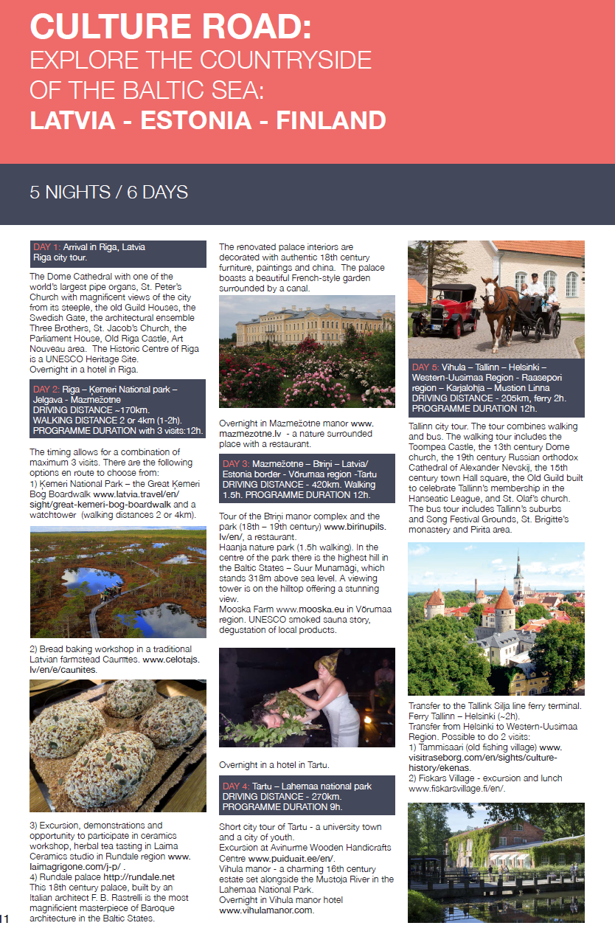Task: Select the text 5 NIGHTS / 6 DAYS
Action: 109,193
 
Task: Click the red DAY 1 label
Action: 46,247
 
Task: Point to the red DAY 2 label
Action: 46,389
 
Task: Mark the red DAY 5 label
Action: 425,367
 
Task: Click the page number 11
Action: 4,919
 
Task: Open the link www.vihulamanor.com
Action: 266,910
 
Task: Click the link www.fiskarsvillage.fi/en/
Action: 456,789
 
